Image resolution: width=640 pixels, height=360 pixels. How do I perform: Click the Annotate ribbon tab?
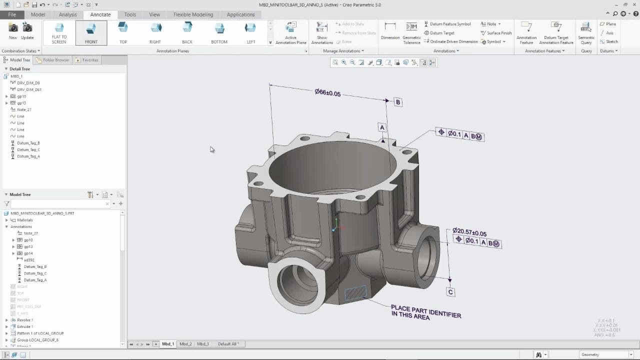coord(100,14)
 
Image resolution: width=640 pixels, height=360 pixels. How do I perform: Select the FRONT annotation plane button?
coord(91,33)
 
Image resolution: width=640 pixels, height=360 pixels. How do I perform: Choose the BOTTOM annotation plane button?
coord(219,33)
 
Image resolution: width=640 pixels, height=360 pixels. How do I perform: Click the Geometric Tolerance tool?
coord(411,33)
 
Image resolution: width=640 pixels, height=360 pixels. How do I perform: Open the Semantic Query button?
coord(586,33)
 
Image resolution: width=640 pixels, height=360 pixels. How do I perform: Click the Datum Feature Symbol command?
coord(449,24)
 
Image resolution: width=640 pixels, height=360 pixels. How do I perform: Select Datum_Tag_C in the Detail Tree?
coord(28,149)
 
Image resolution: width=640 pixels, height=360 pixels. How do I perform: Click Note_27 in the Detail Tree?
coord(24,109)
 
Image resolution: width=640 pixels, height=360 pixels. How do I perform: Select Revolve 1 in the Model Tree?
coord(25,320)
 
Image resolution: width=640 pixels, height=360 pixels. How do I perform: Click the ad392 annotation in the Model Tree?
coord(29,260)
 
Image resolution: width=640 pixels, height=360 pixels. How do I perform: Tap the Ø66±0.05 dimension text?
coord(327,92)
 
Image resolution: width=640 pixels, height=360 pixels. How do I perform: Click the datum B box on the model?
coord(398,102)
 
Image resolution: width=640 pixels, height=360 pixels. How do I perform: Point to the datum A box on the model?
coord(382,127)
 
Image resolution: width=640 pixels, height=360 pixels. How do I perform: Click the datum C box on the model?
coord(450,292)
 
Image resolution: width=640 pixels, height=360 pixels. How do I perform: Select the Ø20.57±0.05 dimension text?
coord(469,232)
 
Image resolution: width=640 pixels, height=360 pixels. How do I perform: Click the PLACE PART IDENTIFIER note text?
coord(425,312)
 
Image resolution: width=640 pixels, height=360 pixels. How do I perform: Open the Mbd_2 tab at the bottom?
coord(185,344)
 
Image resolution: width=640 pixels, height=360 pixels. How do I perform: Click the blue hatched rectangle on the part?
coord(355,292)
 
